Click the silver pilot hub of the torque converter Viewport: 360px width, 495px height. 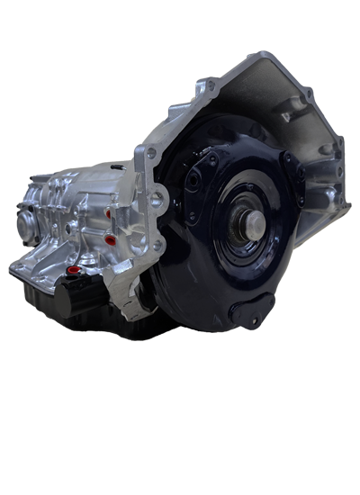tap(251, 221)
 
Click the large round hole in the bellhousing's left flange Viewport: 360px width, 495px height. tap(157, 199)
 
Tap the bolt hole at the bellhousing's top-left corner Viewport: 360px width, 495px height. tap(211, 85)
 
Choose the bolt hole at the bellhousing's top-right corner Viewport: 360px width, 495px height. tap(308, 93)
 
